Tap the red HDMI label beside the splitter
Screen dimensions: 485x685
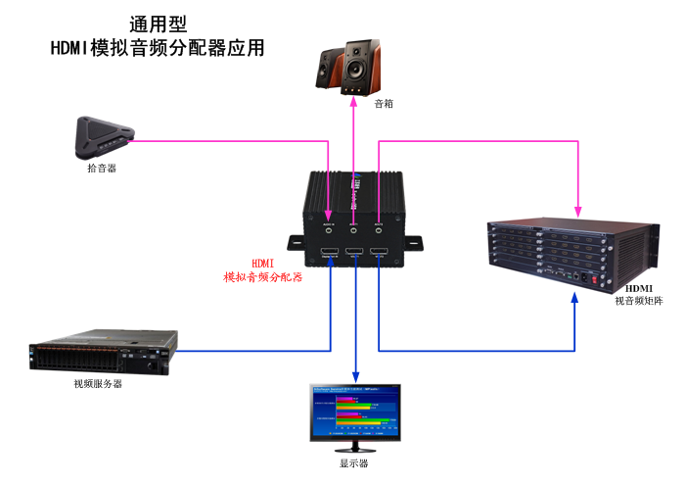pyautogui.click(x=263, y=263)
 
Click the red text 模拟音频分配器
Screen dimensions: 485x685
pyautogui.click(x=263, y=277)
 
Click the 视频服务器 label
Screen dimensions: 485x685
pyautogui.click(x=98, y=384)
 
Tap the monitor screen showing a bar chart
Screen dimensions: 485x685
pyautogui.click(x=355, y=411)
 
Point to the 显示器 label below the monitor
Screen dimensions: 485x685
pyautogui.click(x=353, y=463)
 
